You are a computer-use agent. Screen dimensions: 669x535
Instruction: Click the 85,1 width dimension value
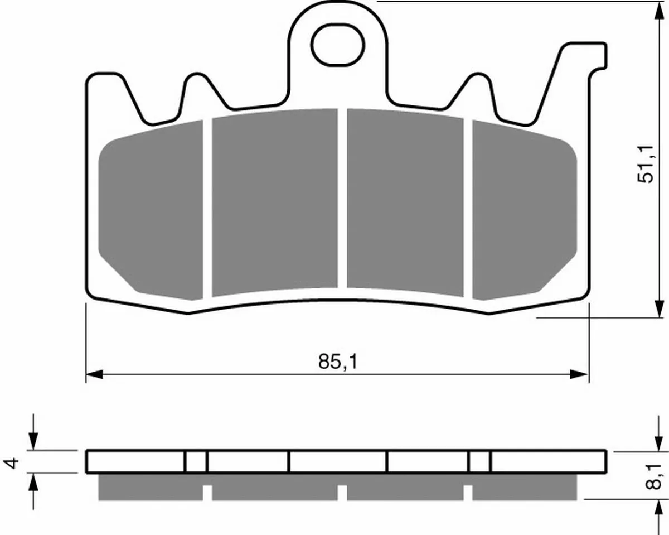click(x=338, y=362)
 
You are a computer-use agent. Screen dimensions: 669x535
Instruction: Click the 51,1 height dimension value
click(x=646, y=164)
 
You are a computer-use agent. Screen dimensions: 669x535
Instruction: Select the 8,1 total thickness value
click(x=653, y=480)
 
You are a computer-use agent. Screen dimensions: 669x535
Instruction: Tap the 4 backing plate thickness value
click(x=11, y=463)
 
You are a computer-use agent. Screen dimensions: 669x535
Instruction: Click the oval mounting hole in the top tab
click(x=338, y=45)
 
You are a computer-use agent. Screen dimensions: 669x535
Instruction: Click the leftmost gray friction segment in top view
click(x=151, y=210)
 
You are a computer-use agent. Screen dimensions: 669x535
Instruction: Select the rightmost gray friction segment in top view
click(x=525, y=210)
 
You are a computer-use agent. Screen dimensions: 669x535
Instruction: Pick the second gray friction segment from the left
click(x=275, y=202)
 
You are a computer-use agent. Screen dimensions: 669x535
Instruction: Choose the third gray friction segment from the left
click(x=405, y=202)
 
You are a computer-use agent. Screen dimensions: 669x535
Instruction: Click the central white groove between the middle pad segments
click(x=342, y=199)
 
